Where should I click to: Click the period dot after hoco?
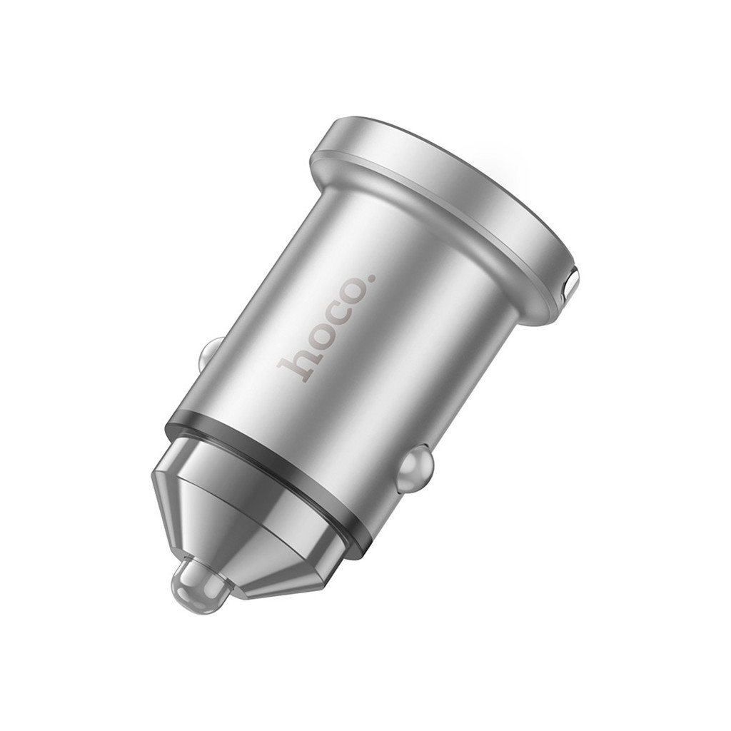coord(368,276)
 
